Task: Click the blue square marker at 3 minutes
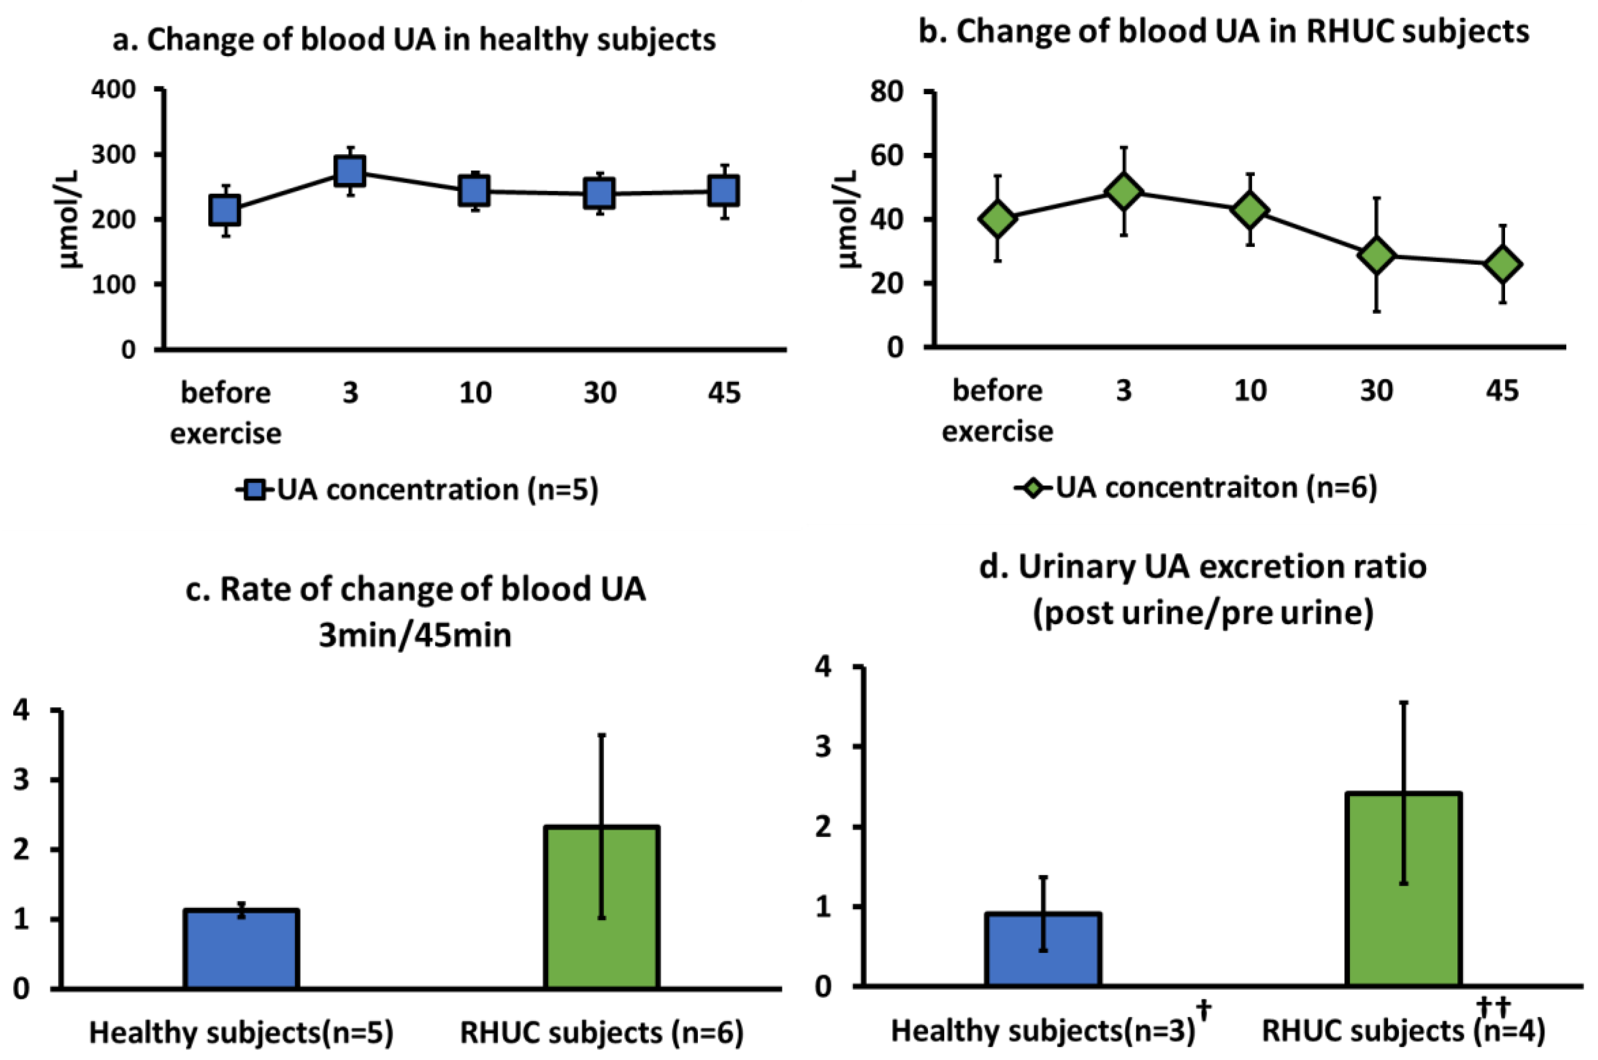pos(350,171)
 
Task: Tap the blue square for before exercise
pos(225,210)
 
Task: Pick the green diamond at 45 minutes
pos(1503,264)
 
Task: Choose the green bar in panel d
pos(1403,890)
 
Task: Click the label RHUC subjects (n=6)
pos(602,1032)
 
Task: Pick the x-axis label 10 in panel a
pos(475,393)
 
